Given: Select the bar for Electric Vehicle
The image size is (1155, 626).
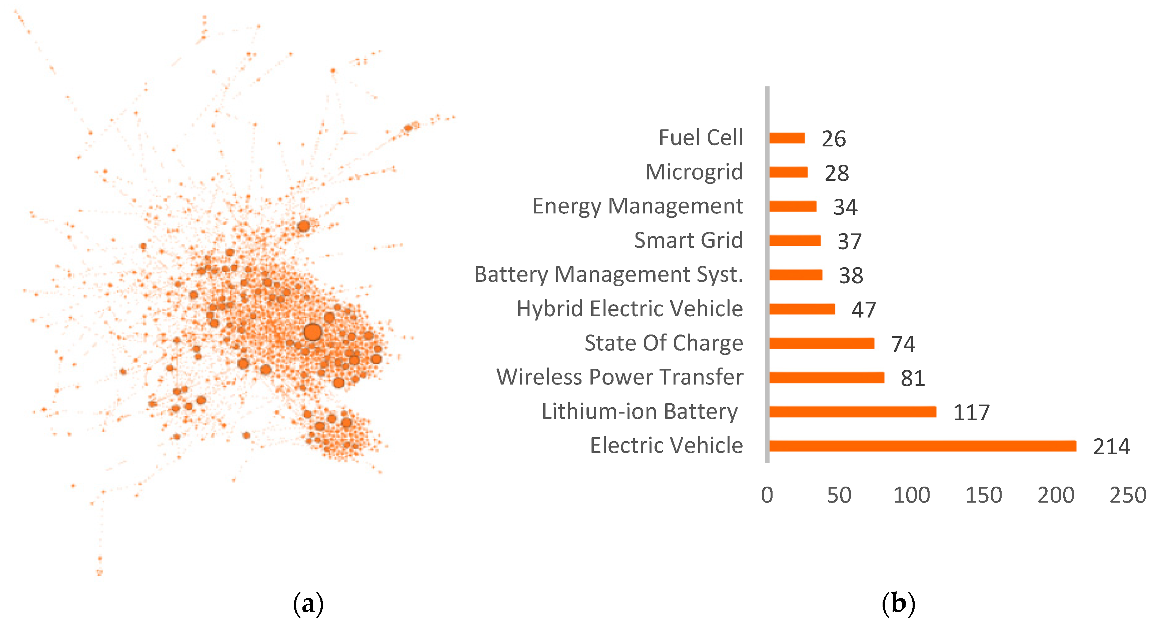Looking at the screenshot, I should click(922, 446).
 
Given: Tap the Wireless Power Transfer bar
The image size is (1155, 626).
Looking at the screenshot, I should click(826, 378).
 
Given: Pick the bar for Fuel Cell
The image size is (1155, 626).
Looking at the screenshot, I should click(787, 138).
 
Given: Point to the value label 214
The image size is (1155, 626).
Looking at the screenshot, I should click(1111, 447).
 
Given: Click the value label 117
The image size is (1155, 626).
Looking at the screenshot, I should click(971, 413).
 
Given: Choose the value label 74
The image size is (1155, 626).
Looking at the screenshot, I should click(903, 344).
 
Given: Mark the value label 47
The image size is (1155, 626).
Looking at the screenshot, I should click(864, 310).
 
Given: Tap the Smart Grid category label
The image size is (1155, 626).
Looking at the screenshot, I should click(688, 240).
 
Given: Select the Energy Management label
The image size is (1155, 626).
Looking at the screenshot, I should click(637, 206).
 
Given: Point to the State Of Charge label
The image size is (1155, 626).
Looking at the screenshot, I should click(664, 343).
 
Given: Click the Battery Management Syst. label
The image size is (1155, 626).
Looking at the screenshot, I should click(609, 274).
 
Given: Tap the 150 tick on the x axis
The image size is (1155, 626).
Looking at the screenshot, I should click(983, 495).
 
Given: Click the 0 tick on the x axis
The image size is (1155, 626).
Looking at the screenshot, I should click(767, 495).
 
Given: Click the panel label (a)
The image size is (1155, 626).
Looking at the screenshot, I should click(308, 604).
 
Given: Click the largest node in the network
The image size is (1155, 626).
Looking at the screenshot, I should click(312, 332).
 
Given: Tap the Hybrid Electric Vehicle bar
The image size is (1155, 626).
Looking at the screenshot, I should click(802, 309).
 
